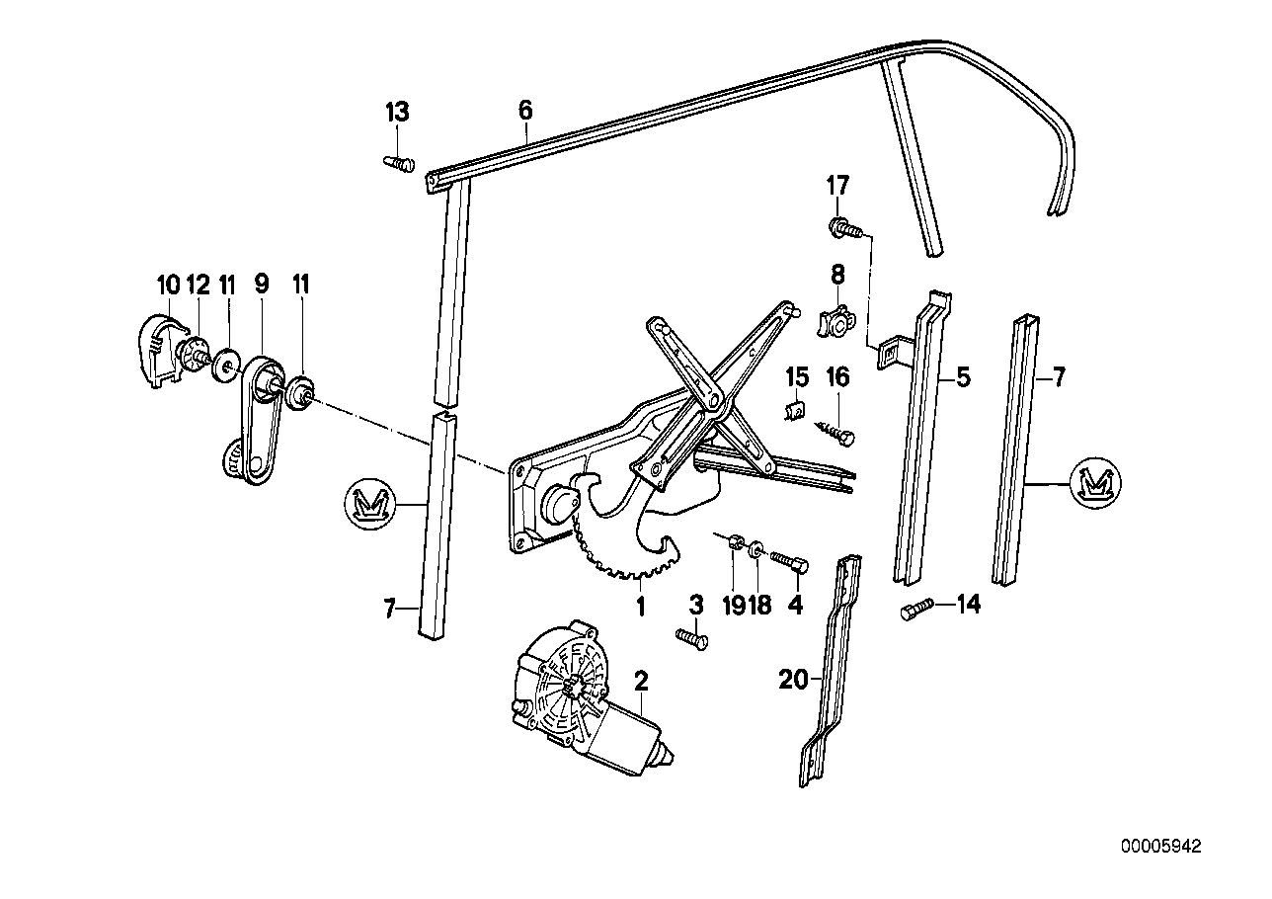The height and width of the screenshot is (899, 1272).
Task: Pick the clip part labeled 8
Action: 835,321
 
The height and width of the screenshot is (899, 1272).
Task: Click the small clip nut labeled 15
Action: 795,409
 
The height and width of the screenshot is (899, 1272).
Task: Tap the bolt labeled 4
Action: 790,562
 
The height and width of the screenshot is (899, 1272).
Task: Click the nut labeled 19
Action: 734,541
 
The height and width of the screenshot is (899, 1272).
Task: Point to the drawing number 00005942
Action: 1161,847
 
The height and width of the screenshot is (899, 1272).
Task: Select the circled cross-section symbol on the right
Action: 1097,483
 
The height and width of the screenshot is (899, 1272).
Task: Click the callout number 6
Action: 524,111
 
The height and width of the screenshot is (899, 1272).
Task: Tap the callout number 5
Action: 963,376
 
